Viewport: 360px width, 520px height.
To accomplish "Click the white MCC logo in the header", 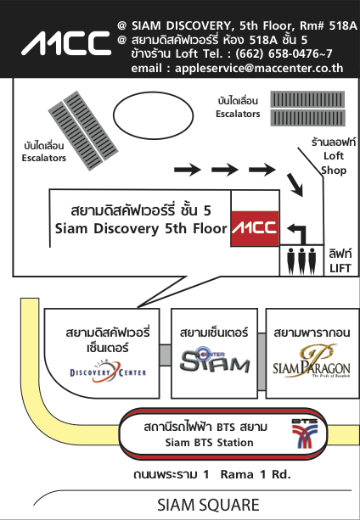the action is pos(66,43).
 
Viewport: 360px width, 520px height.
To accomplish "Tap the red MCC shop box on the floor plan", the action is pos(255,228).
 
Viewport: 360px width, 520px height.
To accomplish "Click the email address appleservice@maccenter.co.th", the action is pos(259,68).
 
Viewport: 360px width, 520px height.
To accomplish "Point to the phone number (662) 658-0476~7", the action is pos(284,53).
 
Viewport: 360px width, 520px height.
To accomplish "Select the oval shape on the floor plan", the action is pos(154,115).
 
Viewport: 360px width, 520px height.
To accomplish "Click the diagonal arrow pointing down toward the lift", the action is pos(295,185).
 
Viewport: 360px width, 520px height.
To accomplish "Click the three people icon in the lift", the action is pos(301,260).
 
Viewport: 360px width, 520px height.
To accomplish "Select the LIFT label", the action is pos(340,268).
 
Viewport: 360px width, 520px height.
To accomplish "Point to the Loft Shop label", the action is pos(335,163).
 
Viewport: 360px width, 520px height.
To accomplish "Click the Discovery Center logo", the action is pos(108,372).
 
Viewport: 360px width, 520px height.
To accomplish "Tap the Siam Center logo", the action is pos(214,361).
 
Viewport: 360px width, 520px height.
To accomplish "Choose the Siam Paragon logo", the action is pos(312,361).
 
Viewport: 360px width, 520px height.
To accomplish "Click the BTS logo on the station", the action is pos(305,433).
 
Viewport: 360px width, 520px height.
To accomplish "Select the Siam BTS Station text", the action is pos(210,443).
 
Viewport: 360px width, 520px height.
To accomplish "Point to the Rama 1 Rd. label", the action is pos(256,474).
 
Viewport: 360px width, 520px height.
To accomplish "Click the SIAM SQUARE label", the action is pos(208,505).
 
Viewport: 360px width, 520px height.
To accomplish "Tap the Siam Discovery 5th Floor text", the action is pos(141,229).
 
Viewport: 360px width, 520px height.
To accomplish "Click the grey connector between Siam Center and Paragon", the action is pos(262,361).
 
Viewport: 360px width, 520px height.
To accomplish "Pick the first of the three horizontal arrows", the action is pos(188,170).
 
